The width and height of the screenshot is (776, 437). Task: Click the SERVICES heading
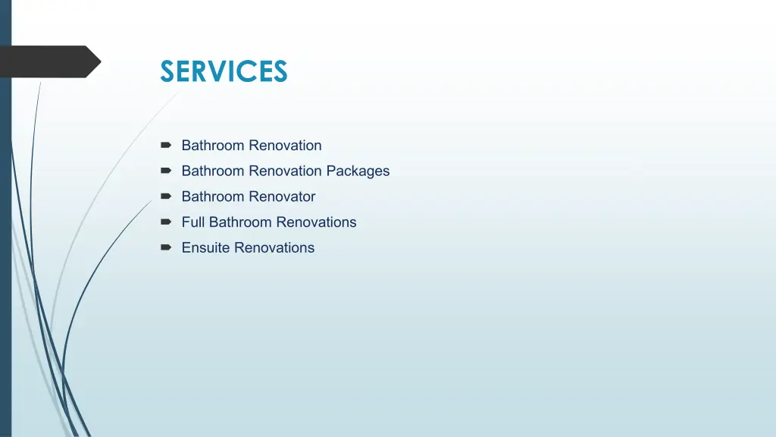pyautogui.click(x=224, y=71)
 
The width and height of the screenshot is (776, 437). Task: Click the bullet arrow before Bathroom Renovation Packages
pyautogui.click(x=166, y=171)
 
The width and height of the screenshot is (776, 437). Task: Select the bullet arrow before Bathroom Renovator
pyautogui.click(x=166, y=196)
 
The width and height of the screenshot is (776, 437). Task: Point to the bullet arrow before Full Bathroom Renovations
pyautogui.click(x=166, y=222)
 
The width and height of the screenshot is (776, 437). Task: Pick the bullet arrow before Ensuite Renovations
pyautogui.click(x=166, y=247)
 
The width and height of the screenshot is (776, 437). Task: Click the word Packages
pyautogui.click(x=358, y=171)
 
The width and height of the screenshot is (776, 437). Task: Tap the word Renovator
pyautogui.click(x=282, y=196)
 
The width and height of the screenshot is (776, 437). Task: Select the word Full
pyautogui.click(x=193, y=222)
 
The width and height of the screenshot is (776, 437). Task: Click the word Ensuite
pyautogui.click(x=205, y=247)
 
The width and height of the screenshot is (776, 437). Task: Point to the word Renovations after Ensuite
pyautogui.click(x=274, y=247)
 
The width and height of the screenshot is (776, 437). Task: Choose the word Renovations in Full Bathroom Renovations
pyautogui.click(x=316, y=222)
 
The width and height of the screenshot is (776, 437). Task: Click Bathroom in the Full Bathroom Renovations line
pyautogui.click(x=240, y=222)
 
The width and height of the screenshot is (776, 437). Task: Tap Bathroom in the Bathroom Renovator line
pyautogui.click(x=213, y=196)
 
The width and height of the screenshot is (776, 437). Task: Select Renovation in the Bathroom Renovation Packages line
pyautogui.click(x=285, y=171)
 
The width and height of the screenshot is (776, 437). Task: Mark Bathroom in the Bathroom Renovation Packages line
pyautogui.click(x=213, y=171)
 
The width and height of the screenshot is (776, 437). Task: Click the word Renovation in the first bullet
pyautogui.click(x=285, y=145)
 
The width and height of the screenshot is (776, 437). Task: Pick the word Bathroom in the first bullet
pyautogui.click(x=213, y=145)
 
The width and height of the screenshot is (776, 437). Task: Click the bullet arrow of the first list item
pyautogui.click(x=166, y=145)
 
